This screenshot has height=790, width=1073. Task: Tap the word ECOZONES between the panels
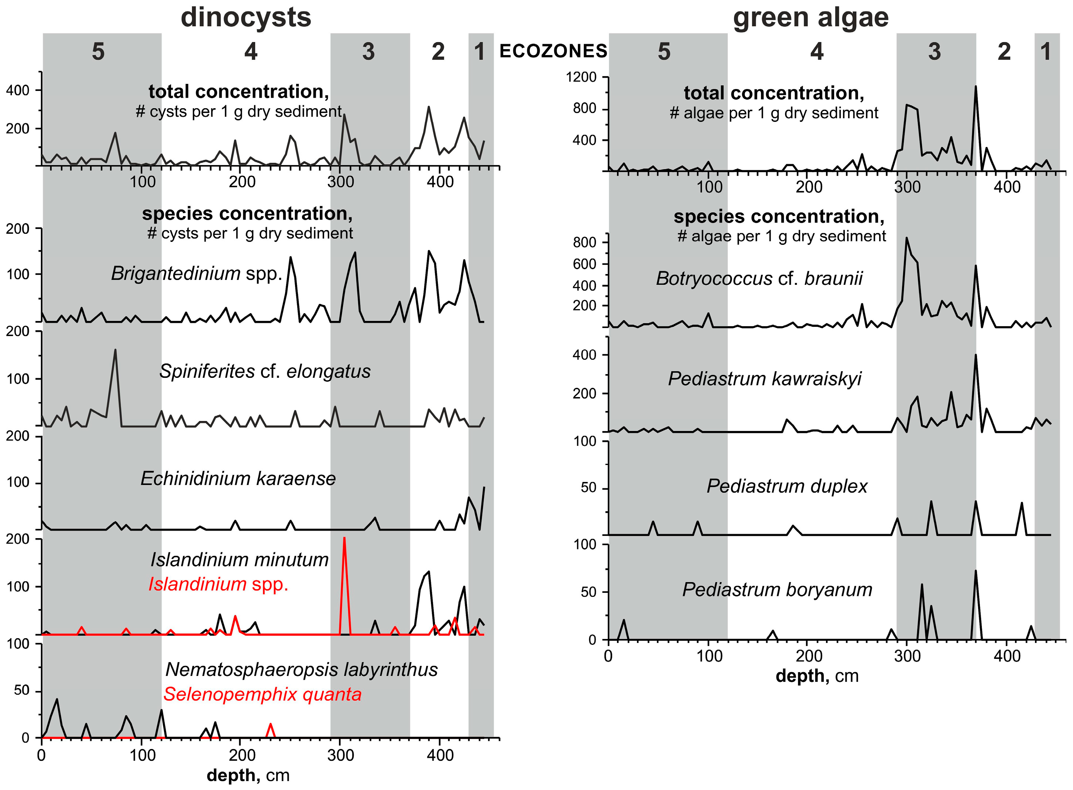[x=553, y=51]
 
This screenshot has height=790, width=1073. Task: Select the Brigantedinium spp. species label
[x=196, y=274]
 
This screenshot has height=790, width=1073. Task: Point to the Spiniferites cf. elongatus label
[x=265, y=371]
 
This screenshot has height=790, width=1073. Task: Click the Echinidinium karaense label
[x=238, y=478]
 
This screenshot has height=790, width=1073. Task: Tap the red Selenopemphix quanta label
[x=263, y=694]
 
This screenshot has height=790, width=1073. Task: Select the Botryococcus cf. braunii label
[x=759, y=278]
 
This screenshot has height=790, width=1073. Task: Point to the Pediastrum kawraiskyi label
[x=764, y=378]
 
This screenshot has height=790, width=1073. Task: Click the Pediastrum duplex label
[x=787, y=486]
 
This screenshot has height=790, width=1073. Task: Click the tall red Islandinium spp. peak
[x=344, y=540]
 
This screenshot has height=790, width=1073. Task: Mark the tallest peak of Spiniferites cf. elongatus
[x=115, y=350]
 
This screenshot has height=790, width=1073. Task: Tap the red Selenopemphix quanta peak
[x=271, y=725]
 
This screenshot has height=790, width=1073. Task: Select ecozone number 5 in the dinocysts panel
[x=98, y=52]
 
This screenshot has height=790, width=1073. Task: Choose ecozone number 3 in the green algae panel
[x=935, y=52]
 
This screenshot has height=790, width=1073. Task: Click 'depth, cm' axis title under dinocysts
[x=248, y=775]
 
